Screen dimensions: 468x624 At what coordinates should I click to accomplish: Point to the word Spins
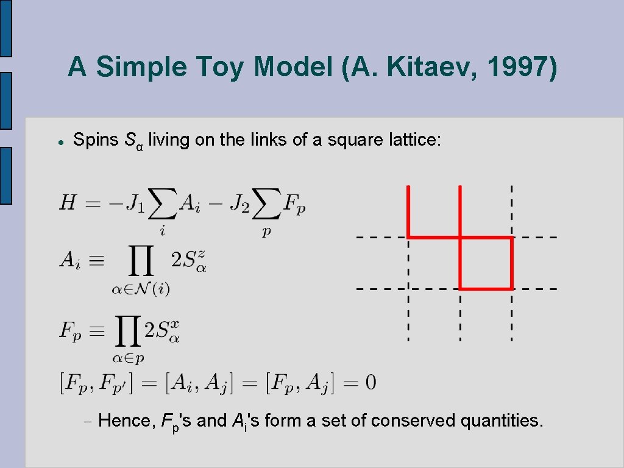pos(96,140)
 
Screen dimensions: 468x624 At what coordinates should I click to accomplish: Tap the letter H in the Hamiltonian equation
pos(68,202)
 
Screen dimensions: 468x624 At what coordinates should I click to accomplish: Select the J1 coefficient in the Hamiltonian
pos(135,203)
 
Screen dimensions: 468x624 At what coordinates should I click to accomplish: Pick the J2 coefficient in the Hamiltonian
pos(240,203)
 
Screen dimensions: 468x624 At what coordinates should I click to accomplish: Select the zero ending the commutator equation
pos(369,383)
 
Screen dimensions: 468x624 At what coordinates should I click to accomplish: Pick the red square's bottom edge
pos(486,288)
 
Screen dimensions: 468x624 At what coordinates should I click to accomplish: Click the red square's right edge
pos(511,263)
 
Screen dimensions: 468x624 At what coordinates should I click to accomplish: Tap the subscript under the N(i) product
pos(140,288)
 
